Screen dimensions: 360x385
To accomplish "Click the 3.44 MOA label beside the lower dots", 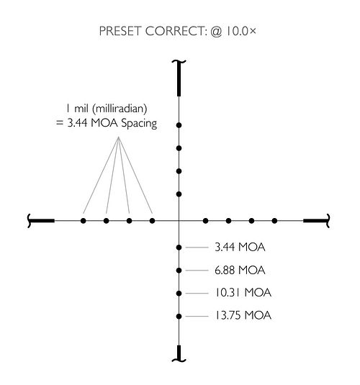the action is [240, 247].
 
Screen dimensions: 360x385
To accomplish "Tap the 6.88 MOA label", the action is [240, 270].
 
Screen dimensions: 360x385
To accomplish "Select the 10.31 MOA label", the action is [243, 293].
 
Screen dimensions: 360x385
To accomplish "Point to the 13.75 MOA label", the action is [243, 315].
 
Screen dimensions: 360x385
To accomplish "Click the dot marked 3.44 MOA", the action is [179, 248].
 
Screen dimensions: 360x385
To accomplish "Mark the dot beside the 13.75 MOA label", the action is [179, 316].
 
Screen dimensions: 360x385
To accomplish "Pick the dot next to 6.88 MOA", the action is [179, 271].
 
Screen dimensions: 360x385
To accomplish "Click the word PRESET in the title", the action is [120, 32].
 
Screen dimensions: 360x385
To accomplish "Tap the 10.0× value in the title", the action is [241, 31].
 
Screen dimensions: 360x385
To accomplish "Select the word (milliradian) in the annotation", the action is [120, 109].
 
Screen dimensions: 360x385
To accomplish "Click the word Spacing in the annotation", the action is [139, 123].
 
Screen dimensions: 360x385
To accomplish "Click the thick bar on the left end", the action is [42, 221].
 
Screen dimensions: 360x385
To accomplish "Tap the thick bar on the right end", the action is [315, 221].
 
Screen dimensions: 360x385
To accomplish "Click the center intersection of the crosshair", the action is [179, 221].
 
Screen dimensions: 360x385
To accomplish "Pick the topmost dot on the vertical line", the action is [179, 125].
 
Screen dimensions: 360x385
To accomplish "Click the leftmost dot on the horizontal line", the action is [84, 221].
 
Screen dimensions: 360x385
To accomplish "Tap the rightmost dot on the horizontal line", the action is [274, 221].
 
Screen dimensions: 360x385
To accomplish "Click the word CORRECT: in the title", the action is [175, 32].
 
